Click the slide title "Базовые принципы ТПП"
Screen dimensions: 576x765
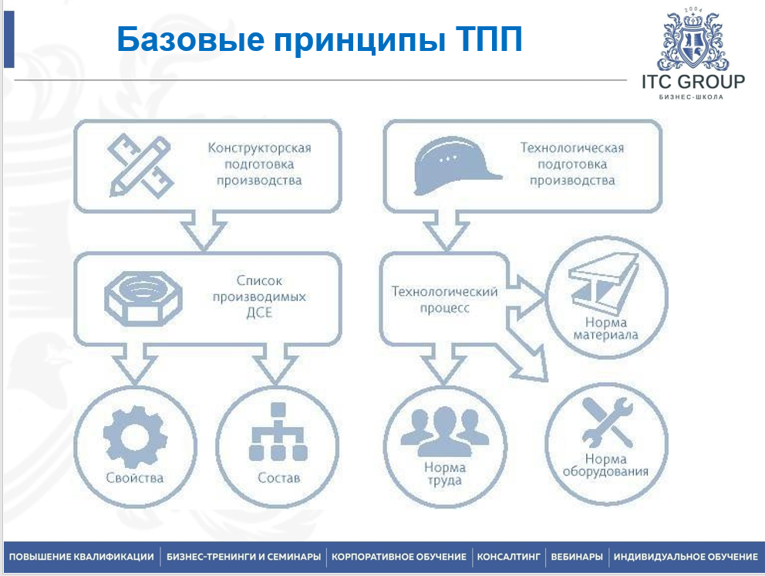pyautogui.click(x=319, y=39)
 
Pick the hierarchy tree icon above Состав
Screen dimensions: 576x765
pyautogui.click(x=278, y=437)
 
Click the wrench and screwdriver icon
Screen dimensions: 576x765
pyautogui.click(x=606, y=424)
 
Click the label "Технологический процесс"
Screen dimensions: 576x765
pyautogui.click(x=444, y=300)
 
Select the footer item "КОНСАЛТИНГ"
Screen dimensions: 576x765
pyautogui.click(x=509, y=557)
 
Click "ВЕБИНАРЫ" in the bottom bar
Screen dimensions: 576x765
pyautogui.click(x=577, y=557)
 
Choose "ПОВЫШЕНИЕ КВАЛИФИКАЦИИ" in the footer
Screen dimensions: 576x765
pyautogui.click(x=81, y=557)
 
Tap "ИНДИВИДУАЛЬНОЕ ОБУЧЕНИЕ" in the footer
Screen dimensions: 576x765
pyautogui.click(x=686, y=557)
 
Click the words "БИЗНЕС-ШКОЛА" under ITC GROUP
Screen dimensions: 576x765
pyautogui.click(x=692, y=97)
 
